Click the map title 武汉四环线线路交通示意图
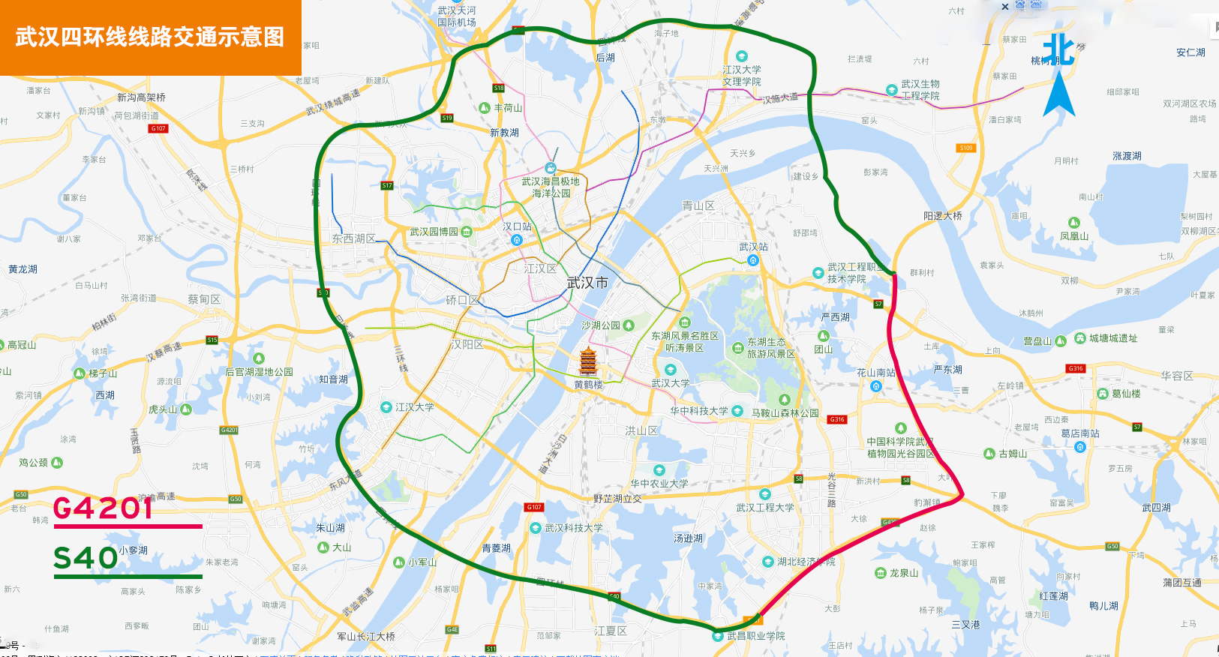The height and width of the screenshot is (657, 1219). tap(150, 37)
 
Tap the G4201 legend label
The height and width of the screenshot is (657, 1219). tap(104, 508)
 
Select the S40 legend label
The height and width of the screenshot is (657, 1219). tap(86, 559)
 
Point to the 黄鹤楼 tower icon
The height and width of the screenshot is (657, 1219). tap(588, 363)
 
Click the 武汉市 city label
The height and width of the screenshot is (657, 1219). tap(587, 283)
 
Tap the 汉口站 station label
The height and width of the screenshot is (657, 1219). tap(517, 226)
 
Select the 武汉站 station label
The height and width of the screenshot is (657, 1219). tap(753, 247)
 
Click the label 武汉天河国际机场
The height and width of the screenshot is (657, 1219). tap(457, 16)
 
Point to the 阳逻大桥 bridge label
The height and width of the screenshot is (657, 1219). tap(942, 216)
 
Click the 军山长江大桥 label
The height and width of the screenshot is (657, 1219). tap(366, 637)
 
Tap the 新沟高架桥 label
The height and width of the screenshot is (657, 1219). tap(141, 97)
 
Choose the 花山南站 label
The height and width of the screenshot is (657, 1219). tap(876, 373)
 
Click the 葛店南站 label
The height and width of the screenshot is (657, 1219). tap(1080, 433)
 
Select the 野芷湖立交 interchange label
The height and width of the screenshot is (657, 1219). tap(617, 499)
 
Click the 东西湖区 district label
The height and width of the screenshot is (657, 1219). tap(354, 238)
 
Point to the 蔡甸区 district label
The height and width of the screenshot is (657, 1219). tap(204, 299)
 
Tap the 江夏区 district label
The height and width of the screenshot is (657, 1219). tap(611, 631)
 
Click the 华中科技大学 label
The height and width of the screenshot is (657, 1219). tap(699, 411)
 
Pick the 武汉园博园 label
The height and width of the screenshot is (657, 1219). tap(434, 232)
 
